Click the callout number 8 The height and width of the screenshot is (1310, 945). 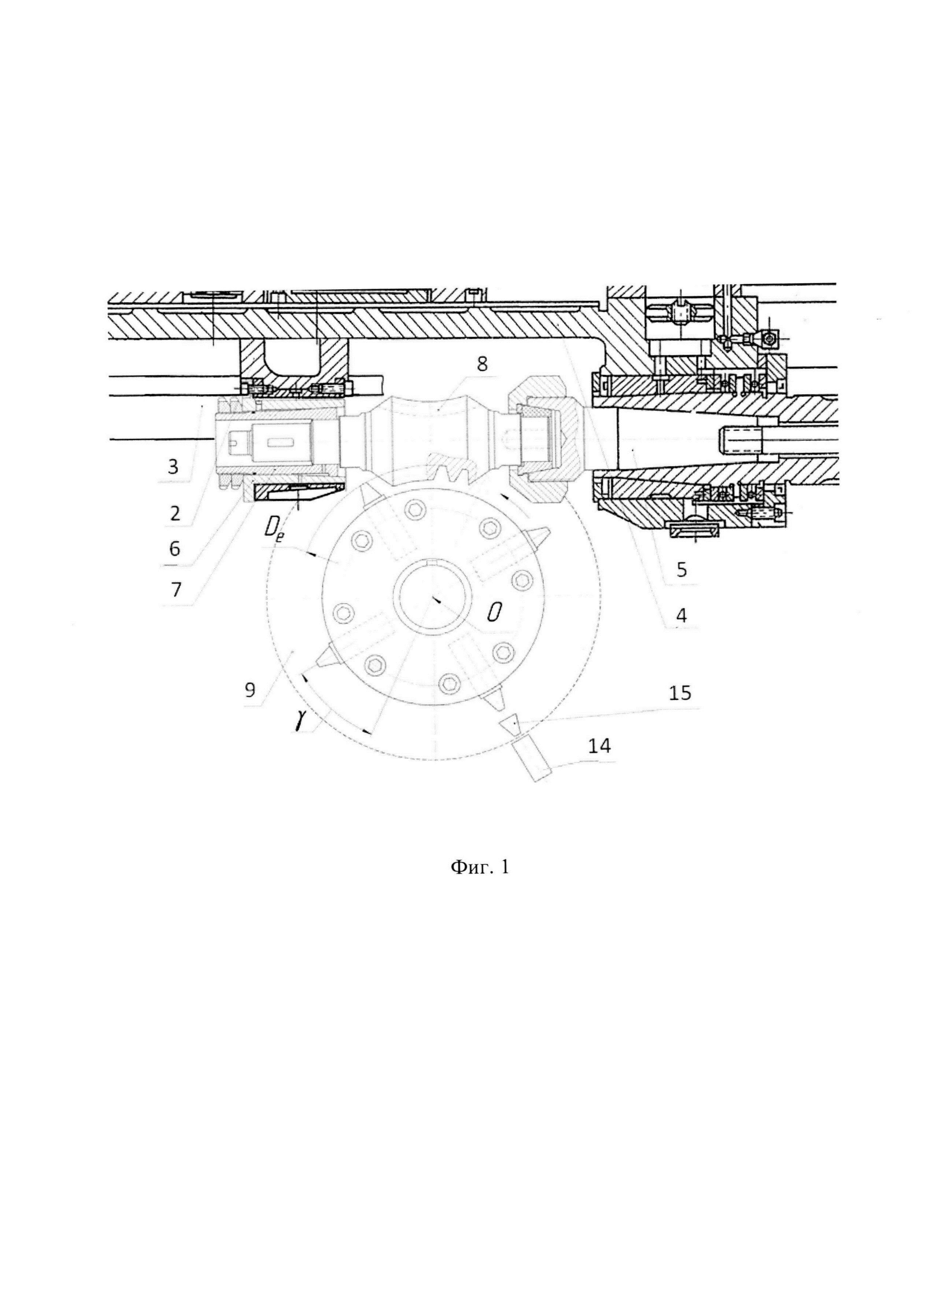(x=482, y=364)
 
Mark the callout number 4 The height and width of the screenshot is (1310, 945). (x=682, y=616)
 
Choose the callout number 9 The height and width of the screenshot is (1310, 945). (x=250, y=690)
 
